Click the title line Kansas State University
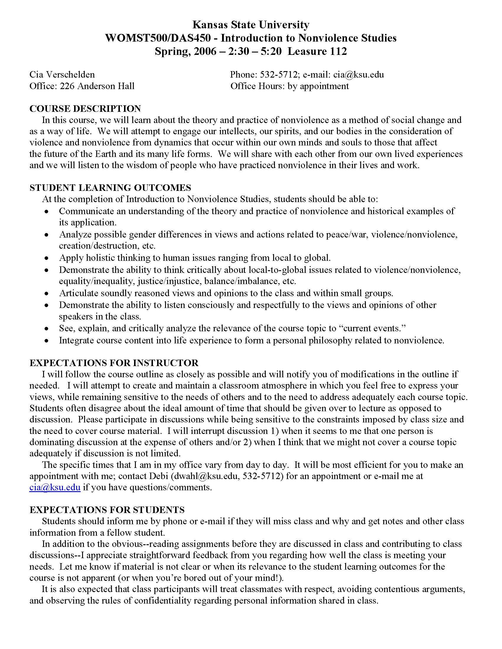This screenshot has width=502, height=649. (251, 25)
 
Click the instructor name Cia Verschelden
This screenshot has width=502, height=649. (62, 74)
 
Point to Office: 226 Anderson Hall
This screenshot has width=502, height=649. (82, 86)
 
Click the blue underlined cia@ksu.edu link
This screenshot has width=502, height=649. (55, 487)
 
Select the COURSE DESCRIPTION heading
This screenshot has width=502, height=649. (85, 109)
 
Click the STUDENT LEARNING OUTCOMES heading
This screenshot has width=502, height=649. (110, 188)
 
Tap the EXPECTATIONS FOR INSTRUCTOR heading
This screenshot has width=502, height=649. (114, 363)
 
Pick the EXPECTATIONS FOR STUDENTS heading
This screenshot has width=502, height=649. (107, 510)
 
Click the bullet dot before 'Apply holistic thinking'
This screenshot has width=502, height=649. (46, 258)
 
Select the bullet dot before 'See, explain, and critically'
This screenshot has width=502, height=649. (46, 329)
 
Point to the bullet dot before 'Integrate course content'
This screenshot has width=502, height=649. (46, 340)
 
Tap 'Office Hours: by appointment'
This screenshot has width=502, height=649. (289, 86)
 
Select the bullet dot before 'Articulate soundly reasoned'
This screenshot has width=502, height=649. (46, 294)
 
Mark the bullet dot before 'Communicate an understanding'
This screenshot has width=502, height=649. (46, 212)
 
